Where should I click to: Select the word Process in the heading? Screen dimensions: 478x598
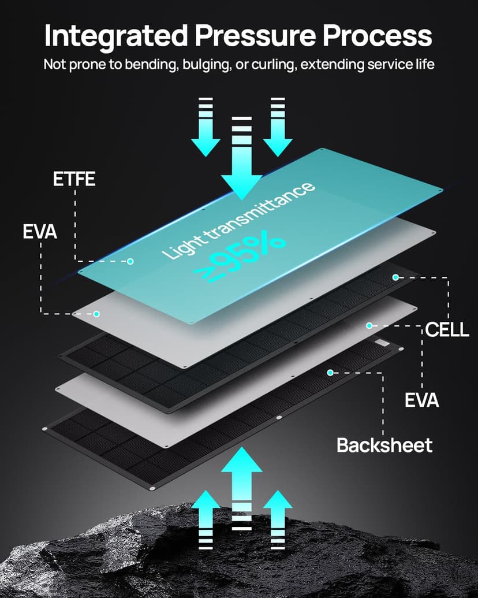pyautogui.click(x=378, y=35)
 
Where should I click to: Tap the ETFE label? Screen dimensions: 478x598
pyautogui.click(x=74, y=179)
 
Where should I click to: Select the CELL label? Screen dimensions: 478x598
pyautogui.click(x=447, y=329)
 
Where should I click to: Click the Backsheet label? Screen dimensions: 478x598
pyautogui.click(x=384, y=445)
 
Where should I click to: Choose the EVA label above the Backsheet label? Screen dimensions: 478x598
pyautogui.click(x=421, y=400)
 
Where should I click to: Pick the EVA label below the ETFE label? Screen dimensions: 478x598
pyautogui.click(x=40, y=232)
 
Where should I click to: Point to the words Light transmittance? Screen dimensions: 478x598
pyautogui.click(x=238, y=220)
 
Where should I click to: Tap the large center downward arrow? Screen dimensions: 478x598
pyautogui.click(x=242, y=158)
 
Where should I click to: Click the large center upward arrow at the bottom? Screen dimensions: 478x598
pyautogui.click(x=242, y=489)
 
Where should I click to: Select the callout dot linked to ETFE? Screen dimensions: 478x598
pyautogui.click(x=130, y=261)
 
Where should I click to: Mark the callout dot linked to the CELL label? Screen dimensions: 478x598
pyautogui.click(x=395, y=277)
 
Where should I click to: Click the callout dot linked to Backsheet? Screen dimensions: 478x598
pyautogui.click(x=330, y=373)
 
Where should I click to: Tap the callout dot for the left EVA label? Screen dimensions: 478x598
pyautogui.click(x=96, y=314)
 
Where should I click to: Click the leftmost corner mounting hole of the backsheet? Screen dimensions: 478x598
pyautogui.click(x=46, y=429)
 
